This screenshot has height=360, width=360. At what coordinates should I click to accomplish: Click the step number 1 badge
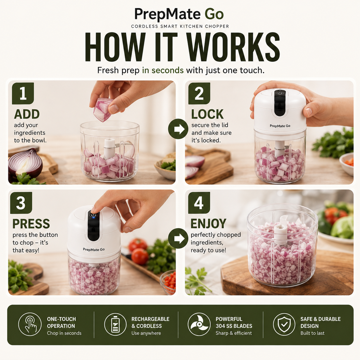[x=23, y=93]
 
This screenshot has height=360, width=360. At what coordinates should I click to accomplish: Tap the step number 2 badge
[x=199, y=93]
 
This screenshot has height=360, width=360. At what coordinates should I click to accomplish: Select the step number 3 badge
[x=21, y=203]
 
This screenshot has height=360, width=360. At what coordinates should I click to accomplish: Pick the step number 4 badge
[x=199, y=203]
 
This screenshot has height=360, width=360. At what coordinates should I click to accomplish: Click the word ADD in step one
[x=27, y=114]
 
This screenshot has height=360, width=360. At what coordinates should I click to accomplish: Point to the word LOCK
[x=207, y=114]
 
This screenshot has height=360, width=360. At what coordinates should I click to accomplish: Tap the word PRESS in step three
[x=31, y=224]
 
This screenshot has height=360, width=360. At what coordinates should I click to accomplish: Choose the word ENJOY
[x=208, y=224]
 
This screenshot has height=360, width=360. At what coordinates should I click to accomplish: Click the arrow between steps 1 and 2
[x=178, y=129]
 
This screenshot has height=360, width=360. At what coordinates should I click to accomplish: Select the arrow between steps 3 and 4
[x=178, y=238]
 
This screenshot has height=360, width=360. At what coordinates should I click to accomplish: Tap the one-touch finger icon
[x=30, y=324]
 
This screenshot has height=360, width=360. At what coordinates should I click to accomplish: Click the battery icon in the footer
[x=115, y=324]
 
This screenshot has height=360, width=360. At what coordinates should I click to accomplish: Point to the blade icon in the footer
[x=199, y=324]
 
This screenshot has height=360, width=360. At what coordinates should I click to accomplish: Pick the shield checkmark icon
[x=284, y=324]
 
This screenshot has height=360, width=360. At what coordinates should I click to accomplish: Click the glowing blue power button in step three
[x=93, y=215]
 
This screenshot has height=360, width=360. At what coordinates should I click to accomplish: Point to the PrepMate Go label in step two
[x=280, y=126]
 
